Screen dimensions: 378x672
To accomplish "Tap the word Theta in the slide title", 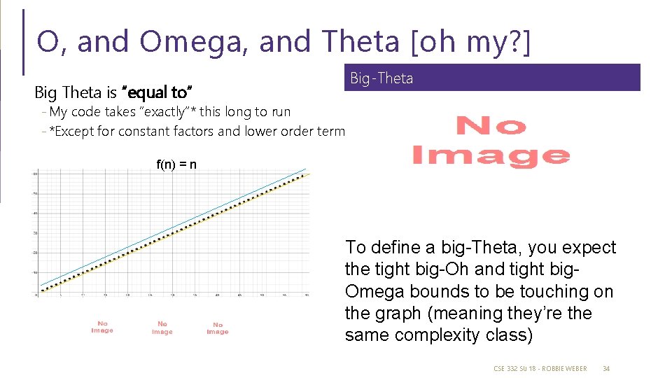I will [360, 42].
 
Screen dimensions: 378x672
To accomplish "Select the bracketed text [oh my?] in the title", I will [472, 42].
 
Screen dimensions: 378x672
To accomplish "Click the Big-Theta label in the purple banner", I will [381, 78].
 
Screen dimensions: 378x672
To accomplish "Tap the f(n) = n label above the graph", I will [176, 165].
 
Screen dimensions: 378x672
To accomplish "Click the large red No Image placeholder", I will [490, 141].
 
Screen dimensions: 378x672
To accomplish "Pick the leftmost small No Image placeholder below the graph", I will [102, 327].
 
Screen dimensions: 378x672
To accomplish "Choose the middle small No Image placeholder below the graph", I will [162, 328].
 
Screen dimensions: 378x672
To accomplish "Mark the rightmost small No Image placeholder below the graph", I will [217, 328].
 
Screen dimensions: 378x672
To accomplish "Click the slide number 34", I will [606, 368].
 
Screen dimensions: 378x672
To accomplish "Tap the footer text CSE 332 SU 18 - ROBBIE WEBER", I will [540, 368].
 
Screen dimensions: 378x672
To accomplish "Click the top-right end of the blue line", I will [306, 169].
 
